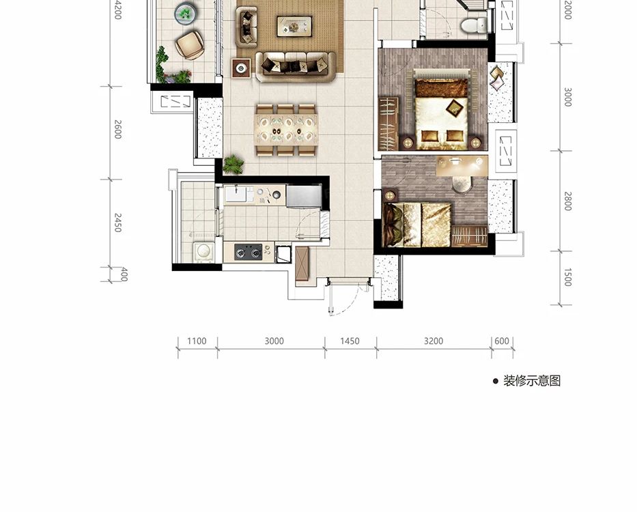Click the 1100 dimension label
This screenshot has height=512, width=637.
pyautogui.click(x=197, y=341)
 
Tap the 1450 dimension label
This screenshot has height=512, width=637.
pyautogui.click(x=350, y=341)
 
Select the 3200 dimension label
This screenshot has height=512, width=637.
pyautogui.click(x=434, y=341)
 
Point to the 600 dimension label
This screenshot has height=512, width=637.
pyautogui.click(x=502, y=341)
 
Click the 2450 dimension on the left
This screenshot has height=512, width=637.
pyautogui.click(x=118, y=223)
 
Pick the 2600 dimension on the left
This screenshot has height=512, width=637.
pyautogui.click(x=118, y=129)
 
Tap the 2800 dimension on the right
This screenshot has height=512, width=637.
pyautogui.click(x=568, y=201)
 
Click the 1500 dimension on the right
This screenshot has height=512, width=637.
pyautogui.click(x=568, y=277)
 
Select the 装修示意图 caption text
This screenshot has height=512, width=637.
pyautogui.click(x=532, y=381)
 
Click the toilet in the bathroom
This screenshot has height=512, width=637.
pyautogui.click(x=474, y=25)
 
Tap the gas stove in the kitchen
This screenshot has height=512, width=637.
pyautogui.click(x=248, y=252)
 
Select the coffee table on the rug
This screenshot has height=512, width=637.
pyautogui.click(x=294, y=27)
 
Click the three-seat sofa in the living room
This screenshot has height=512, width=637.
pyautogui.click(x=296, y=66)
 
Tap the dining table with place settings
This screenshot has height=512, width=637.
pyautogui.click(x=286, y=130)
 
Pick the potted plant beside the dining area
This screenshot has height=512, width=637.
pyautogui.click(x=233, y=164)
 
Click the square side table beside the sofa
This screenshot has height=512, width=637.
pyautogui.click(x=241, y=68)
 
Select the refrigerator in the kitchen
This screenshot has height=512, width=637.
pyautogui.click(x=304, y=197)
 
